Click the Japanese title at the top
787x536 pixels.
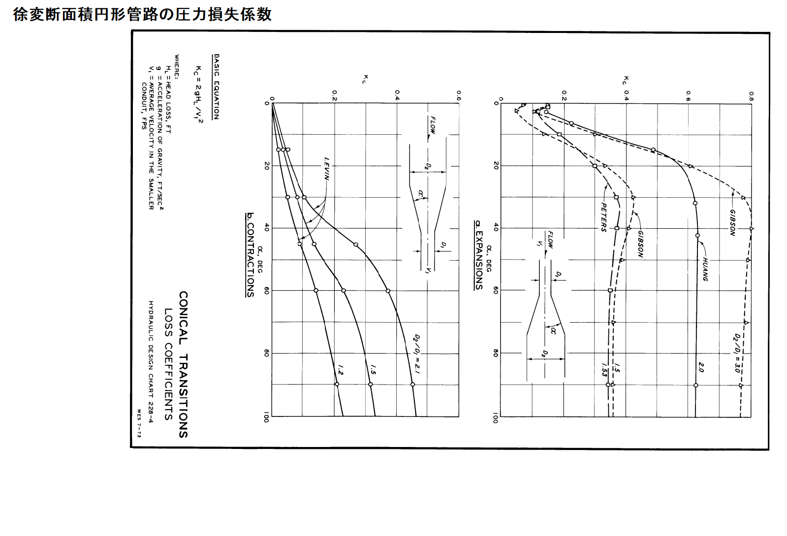[142, 14]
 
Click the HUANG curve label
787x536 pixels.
[705, 269]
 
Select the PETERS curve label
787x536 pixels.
[603, 216]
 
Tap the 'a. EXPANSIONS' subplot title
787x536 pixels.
[477, 255]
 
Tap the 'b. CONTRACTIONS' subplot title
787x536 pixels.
[251, 255]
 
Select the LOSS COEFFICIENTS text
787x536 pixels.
[169, 364]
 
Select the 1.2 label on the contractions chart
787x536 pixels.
[340, 369]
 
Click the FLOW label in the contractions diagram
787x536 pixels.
[433, 127]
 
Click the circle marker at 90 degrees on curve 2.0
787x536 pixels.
[695, 385]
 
